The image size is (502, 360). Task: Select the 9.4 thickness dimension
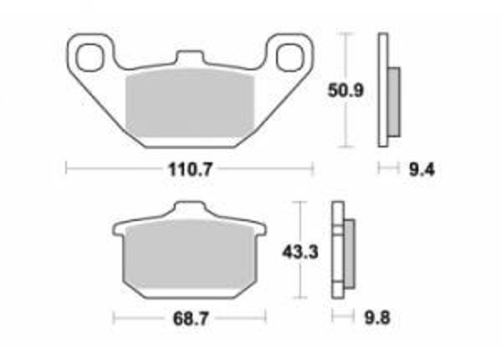420,169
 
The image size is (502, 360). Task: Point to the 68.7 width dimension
190,318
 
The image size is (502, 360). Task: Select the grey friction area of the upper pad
189,104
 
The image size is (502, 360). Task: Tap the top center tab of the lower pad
190,210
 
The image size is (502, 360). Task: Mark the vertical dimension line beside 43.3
300,276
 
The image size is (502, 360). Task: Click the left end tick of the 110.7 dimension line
66,169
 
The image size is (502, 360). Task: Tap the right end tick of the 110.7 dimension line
312,169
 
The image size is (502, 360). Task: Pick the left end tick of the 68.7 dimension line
113,318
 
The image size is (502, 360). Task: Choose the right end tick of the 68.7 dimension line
267,318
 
